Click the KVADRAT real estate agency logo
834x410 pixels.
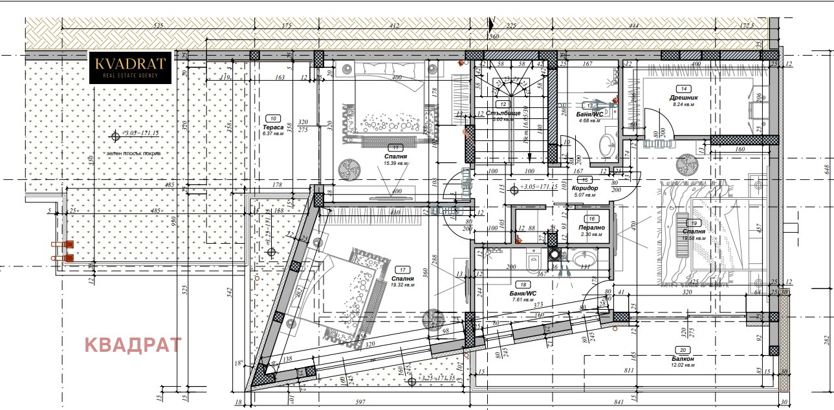(x=129, y=67)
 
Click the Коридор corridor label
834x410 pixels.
(x=584, y=188)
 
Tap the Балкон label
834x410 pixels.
(x=683, y=358)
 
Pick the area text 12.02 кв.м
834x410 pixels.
(x=683, y=365)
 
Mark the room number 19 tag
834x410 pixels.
(x=694, y=222)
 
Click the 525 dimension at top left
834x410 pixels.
(x=157, y=26)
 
